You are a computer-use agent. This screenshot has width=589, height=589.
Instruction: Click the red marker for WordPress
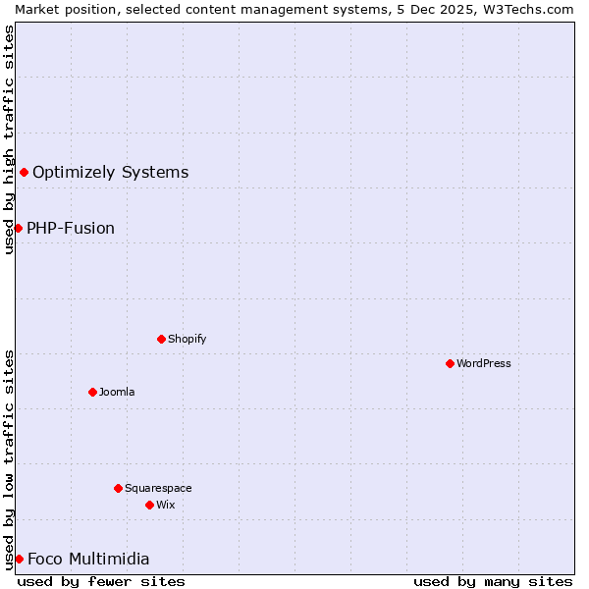coord(450,363)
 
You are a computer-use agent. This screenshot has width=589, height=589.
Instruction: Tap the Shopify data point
coord(161,339)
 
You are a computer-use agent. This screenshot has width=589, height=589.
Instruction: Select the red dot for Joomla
coord(92,392)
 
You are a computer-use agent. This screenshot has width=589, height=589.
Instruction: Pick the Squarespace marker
coord(118,488)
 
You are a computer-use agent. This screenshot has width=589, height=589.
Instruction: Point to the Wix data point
coord(149,505)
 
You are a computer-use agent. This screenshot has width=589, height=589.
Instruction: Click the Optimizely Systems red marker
coord(24,173)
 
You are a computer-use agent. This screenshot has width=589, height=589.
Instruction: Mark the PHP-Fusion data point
coord(18,228)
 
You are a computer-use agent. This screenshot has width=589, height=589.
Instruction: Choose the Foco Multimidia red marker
coord(19,559)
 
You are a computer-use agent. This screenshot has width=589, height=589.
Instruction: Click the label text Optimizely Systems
coord(110,173)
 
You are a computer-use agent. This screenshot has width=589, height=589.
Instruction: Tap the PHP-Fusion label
coord(71,229)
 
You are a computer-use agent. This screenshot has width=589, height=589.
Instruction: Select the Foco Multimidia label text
coord(88,560)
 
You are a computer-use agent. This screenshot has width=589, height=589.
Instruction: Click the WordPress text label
coord(484,363)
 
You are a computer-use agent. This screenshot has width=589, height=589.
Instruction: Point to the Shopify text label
coord(187,339)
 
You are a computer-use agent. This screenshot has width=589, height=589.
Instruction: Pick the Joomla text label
coord(117,392)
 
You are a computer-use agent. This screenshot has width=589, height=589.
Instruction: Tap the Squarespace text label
coord(158,488)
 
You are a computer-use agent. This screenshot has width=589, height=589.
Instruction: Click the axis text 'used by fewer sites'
coord(101,581)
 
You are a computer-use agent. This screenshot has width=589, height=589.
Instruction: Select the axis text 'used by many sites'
coord(493,581)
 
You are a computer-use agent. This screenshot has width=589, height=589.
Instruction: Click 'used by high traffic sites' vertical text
coord(9,139)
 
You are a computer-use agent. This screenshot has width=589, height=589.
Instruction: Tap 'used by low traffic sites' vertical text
coord(9,458)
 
